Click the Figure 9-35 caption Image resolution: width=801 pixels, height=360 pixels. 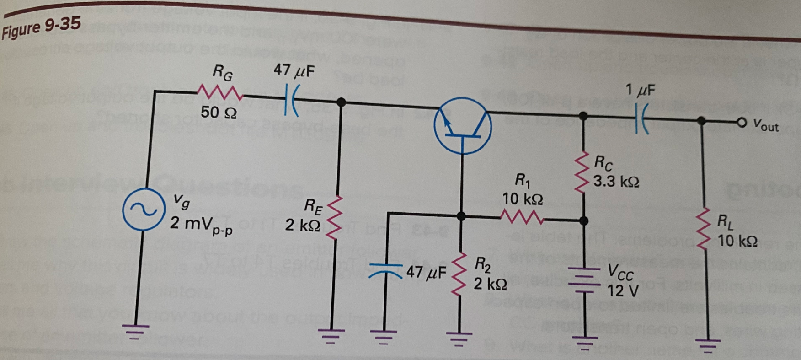pos(41,27)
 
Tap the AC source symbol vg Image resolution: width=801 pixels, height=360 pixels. pos(143,209)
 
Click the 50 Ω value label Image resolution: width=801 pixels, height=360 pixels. pos(219,113)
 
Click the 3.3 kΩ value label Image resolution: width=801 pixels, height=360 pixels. pos(616,182)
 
